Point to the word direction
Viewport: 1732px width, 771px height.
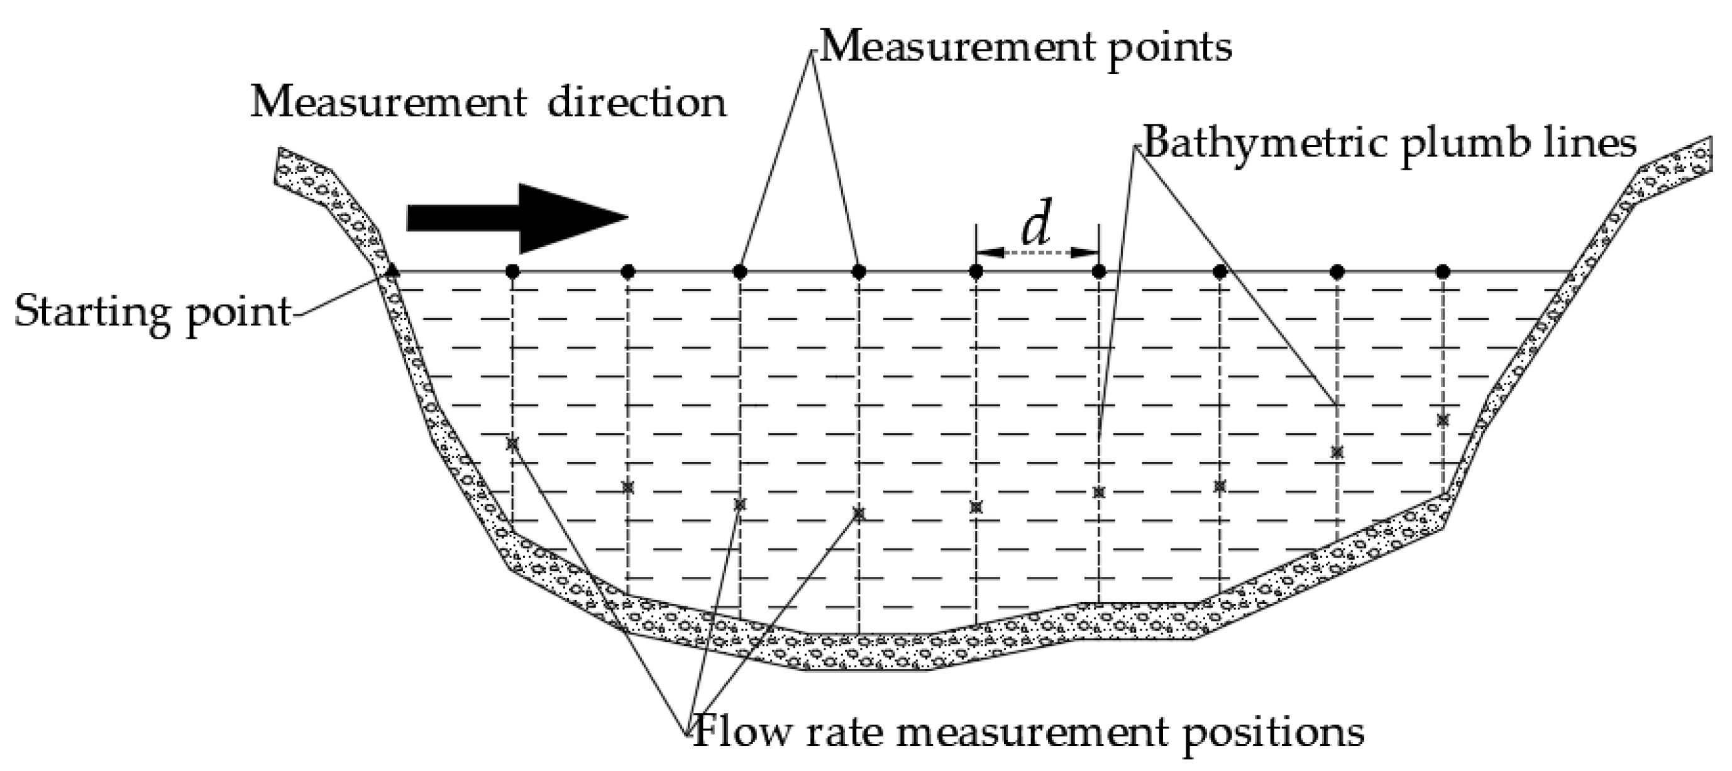click(637, 104)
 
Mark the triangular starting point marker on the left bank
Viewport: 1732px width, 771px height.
click(394, 271)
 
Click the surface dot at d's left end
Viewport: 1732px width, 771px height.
click(976, 271)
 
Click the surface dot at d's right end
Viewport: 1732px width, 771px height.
click(1099, 271)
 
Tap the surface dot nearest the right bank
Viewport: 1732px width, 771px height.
click(1442, 271)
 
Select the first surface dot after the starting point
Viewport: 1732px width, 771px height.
click(512, 271)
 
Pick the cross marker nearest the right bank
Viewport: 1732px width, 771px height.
click(1442, 420)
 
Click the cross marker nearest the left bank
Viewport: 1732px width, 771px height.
click(512, 444)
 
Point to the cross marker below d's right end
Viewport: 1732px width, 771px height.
click(1099, 493)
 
